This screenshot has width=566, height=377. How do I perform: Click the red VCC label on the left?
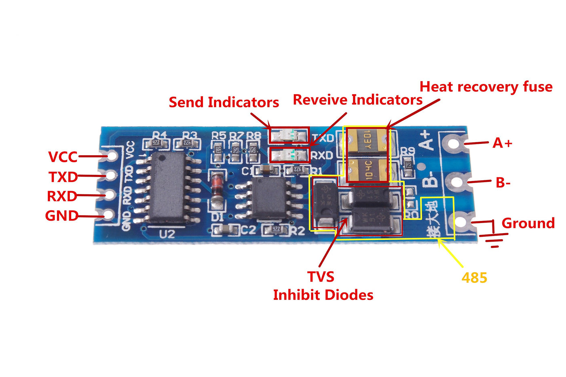click(x=63, y=156)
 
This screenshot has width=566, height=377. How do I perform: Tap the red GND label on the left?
click(x=61, y=215)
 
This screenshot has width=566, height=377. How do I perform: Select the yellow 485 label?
click(x=474, y=278)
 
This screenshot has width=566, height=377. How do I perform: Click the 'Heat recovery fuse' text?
click(x=486, y=87)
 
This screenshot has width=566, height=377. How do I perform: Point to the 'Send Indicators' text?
click(x=224, y=102)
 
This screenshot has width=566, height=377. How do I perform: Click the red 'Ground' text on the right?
click(x=528, y=223)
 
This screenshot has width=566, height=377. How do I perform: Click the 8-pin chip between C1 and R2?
click(x=268, y=198)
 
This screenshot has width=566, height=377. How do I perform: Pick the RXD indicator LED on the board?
click(x=289, y=154)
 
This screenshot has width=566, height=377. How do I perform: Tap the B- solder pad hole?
click(x=456, y=181)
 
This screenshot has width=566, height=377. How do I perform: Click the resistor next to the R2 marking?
click(x=276, y=229)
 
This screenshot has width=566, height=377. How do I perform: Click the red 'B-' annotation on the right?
click(x=503, y=183)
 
